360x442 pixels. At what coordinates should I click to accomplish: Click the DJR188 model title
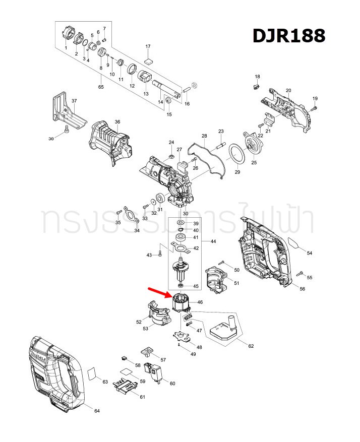[288, 36]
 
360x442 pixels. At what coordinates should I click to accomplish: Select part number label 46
[200, 302]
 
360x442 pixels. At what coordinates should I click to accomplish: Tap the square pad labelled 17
[148, 59]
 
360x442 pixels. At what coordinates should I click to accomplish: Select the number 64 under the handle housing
[97, 411]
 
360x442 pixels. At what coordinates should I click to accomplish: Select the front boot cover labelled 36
[110, 141]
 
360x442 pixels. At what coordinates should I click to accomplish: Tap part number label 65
[101, 88]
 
